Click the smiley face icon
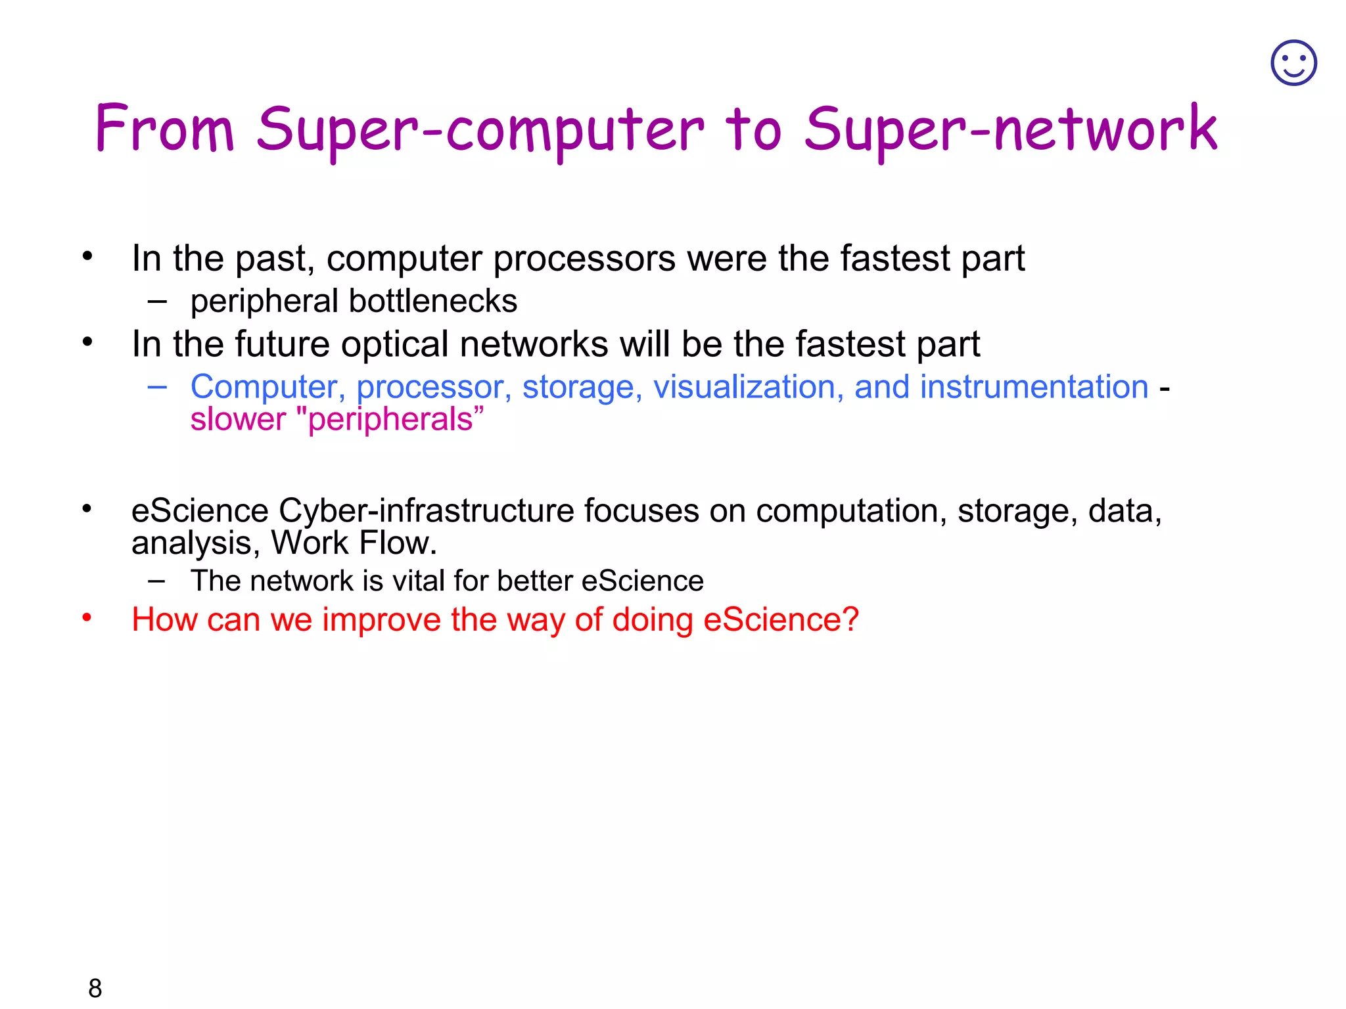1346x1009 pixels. coord(1293,63)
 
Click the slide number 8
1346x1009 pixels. coord(95,988)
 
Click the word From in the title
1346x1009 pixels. coord(165,129)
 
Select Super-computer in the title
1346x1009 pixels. coord(480,130)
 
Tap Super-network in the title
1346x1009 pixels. coord(1011,130)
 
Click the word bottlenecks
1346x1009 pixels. coord(432,302)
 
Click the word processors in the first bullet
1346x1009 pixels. coord(584,259)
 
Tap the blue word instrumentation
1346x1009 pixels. coord(1034,387)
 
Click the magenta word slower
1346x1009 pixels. coord(238,419)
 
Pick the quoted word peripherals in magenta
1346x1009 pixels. coord(391,419)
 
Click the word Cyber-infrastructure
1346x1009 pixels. coord(427,510)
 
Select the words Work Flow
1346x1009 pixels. coord(354,543)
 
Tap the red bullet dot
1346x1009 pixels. coord(87,617)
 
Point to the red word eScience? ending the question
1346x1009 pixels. coord(781,619)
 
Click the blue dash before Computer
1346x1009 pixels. coord(157,387)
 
